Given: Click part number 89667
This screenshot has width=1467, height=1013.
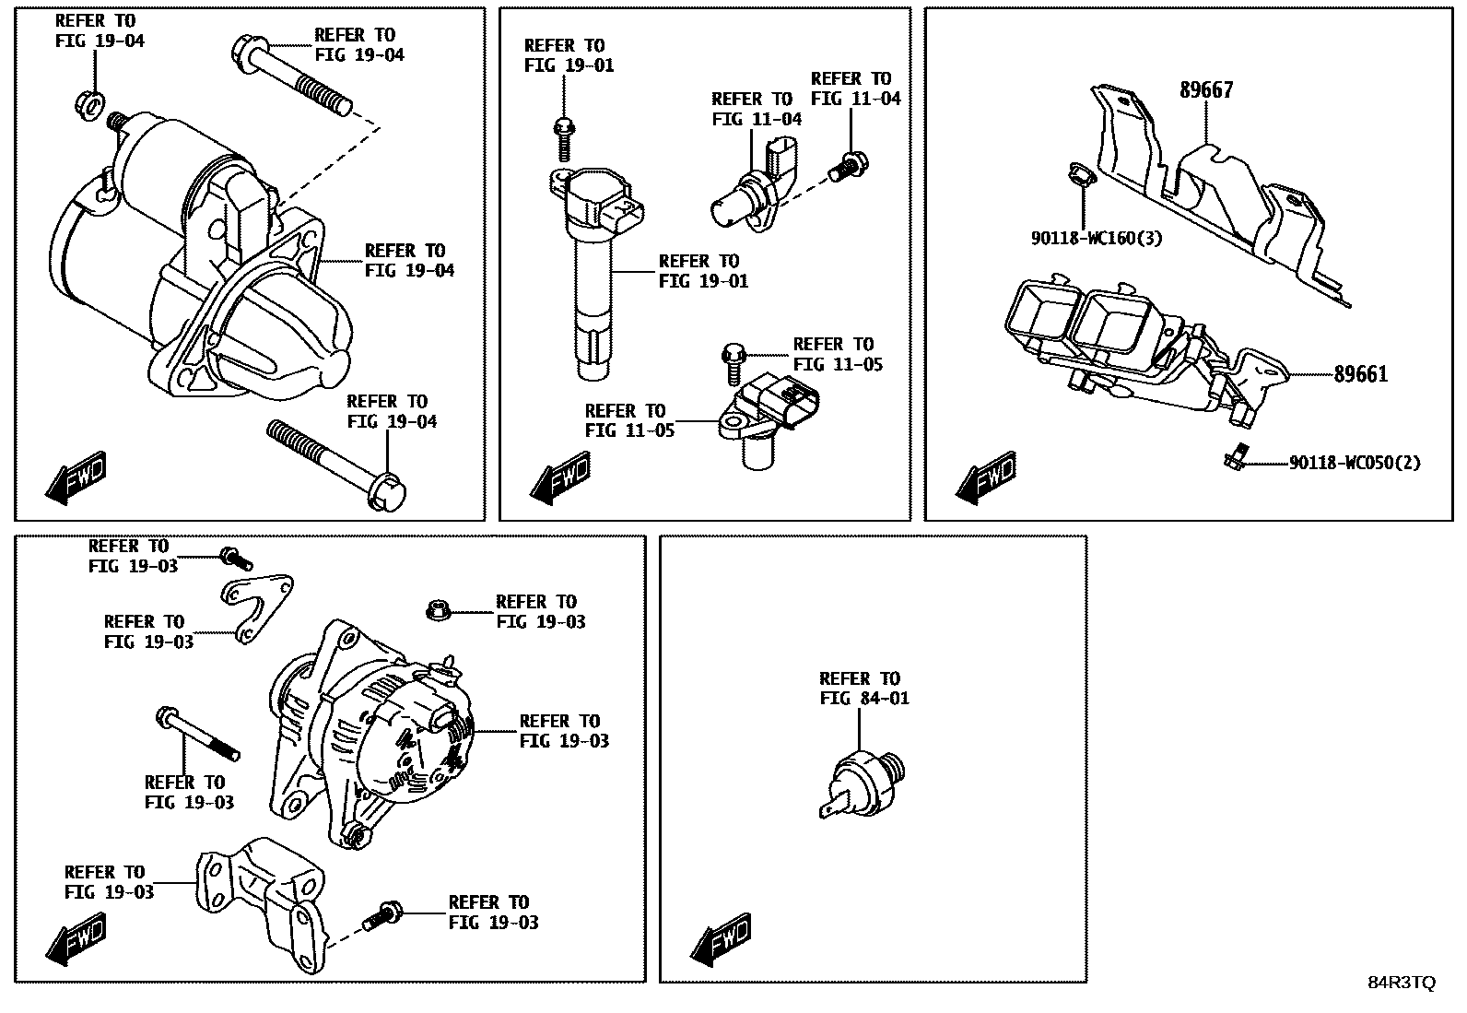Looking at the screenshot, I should click(1206, 90).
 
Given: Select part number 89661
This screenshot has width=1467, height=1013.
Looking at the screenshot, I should click(1360, 374).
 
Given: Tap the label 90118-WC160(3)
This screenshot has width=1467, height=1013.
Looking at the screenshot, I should click(1096, 239).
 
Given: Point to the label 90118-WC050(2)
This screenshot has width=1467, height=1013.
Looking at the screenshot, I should click(1354, 463).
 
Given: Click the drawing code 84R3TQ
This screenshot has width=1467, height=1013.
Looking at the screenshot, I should click(1401, 983).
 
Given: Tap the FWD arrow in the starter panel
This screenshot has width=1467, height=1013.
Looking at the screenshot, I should click(76, 477).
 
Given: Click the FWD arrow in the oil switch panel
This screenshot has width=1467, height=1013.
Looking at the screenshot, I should click(721, 939).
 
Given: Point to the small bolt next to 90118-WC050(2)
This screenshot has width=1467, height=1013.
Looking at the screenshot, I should click(1235, 457).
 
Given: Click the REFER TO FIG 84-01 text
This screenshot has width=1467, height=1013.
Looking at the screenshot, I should click(863, 689).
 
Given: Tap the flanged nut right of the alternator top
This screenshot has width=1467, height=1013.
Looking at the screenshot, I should click(437, 609).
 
